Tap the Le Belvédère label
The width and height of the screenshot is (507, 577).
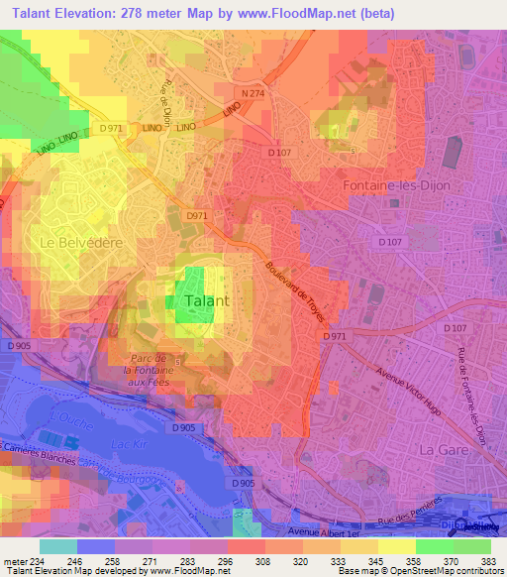pyautogui.click(x=73, y=241)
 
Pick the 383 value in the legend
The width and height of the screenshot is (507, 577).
pyautogui.click(x=488, y=560)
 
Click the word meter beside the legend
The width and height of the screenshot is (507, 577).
pyautogui.click(x=15, y=560)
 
